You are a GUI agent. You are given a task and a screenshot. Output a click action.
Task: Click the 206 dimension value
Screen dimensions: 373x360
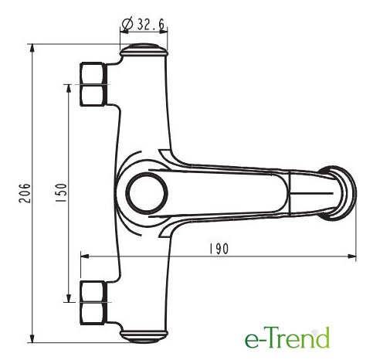25,193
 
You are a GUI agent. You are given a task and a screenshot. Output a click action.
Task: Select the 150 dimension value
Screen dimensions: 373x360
61,192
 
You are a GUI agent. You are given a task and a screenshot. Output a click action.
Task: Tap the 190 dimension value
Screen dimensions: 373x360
219,249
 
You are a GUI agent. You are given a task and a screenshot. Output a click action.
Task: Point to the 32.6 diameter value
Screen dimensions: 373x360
151,24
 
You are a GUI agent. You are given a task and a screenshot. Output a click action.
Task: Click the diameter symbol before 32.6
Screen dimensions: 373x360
127,24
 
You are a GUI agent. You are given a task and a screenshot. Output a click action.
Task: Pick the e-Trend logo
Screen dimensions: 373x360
287,338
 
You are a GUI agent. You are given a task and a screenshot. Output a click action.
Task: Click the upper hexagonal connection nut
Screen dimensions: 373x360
93,84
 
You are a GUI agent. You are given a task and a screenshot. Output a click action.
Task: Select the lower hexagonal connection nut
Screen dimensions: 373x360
93,303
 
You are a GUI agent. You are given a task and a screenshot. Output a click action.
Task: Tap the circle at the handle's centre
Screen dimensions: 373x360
147,193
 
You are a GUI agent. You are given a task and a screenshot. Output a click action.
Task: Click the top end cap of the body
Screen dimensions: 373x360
144,50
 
